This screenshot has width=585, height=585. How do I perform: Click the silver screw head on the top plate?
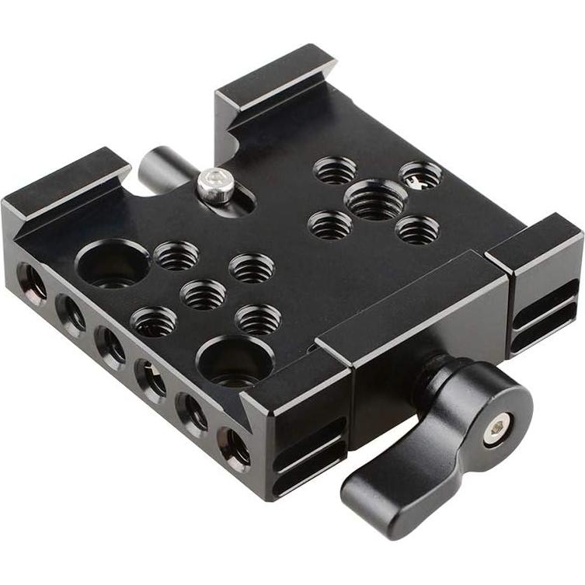click(218, 186)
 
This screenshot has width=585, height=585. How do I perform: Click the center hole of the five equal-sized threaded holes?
click(203, 294)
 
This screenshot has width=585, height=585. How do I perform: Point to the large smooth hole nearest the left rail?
click(114, 263)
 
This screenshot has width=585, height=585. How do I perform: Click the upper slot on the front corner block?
click(308, 436)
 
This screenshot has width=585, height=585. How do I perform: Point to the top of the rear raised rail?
click(275, 73)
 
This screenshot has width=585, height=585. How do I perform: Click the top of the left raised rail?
click(65, 178)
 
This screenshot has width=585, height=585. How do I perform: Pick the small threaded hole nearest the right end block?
click(417, 230)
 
